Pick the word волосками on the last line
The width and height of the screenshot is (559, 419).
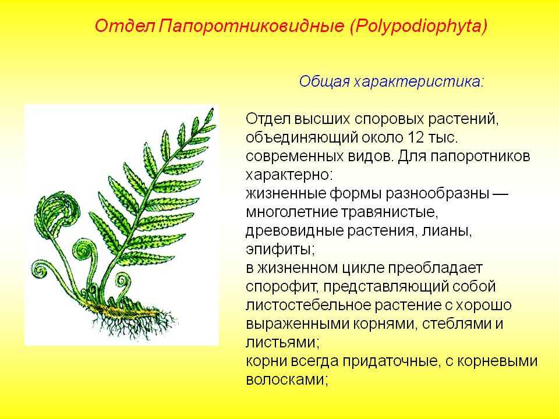pyautogui.click(x=284, y=379)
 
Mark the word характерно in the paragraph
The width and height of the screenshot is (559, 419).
pyautogui.click(x=286, y=175)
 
